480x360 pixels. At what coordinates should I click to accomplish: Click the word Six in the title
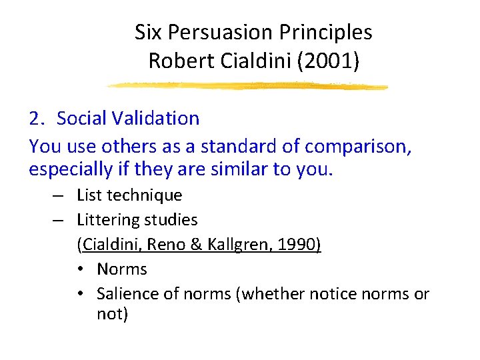[x=148, y=32]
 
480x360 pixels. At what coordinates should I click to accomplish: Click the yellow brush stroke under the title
[x=247, y=86]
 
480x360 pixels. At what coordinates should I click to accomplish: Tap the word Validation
[x=162, y=119]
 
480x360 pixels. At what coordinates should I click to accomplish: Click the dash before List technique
[x=59, y=195]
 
